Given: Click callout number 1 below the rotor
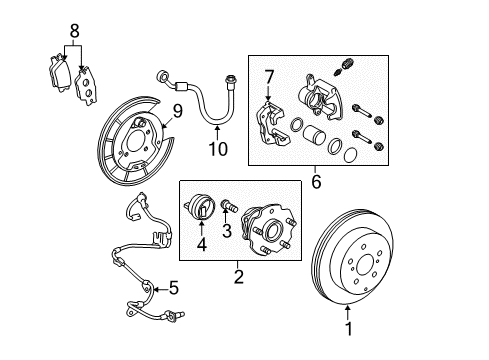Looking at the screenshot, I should click(x=348, y=327).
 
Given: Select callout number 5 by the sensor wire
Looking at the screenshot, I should click(x=173, y=289).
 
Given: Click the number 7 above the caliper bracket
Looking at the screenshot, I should click(x=268, y=76).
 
